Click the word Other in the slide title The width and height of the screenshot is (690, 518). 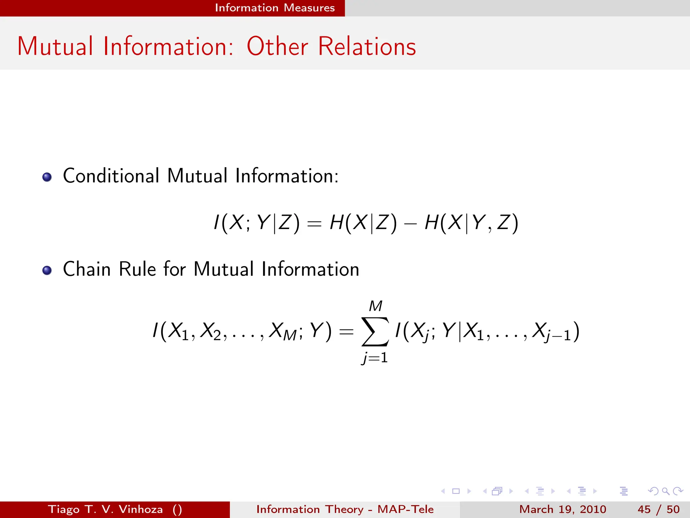[x=277, y=46]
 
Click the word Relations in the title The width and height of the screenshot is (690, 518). [x=367, y=46]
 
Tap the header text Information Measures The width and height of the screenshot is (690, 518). [x=275, y=8]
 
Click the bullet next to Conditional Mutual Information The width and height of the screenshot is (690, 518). [x=47, y=177]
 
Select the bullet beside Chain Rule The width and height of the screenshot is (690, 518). [x=47, y=270]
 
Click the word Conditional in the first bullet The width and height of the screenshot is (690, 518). [x=111, y=176]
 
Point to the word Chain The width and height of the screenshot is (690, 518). [x=87, y=269]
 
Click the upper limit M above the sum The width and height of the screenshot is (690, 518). [x=375, y=306]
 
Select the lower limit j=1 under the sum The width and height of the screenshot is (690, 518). [x=375, y=357]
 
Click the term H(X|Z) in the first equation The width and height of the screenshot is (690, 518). [x=363, y=223]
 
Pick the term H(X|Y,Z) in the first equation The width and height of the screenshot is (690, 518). [x=471, y=223]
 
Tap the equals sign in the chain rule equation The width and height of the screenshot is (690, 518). [x=346, y=332]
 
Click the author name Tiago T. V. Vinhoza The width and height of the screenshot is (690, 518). [x=105, y=509]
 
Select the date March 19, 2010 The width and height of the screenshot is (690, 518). [x=562, y=509]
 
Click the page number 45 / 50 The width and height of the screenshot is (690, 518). [x=658, y=509]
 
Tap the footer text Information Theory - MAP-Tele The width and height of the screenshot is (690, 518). [x=345, y=509]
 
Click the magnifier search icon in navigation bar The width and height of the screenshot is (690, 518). [x=665, y=491]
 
